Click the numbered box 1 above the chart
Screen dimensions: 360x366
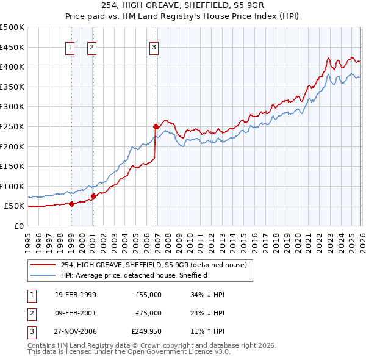pos(70,47)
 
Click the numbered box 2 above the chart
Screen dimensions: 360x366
pos(91,47)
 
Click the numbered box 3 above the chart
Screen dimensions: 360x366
pos(154,47)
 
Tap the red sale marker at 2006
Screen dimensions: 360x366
pos(156,127)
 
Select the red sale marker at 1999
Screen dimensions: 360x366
pos(71,204)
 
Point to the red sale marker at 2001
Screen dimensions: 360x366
pos(93,196)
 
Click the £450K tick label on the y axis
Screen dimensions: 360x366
pos(12,47)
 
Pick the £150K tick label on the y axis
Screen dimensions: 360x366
pos(12,167)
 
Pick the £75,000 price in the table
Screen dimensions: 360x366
pos(148,313)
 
